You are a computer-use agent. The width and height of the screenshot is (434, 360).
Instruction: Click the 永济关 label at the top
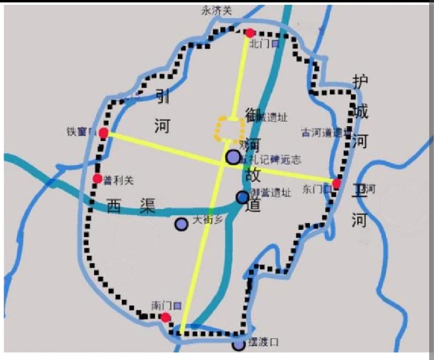click(218, 10)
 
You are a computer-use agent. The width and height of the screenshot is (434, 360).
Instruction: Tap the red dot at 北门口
click(250, 33)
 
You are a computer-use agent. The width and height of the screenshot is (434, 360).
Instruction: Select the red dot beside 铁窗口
click(104, 133)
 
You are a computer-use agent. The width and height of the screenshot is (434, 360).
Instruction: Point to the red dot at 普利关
click(97, 178)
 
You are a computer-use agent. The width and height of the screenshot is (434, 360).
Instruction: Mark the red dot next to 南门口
click(165, 317)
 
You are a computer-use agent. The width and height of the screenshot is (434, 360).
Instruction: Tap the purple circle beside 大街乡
click(181, 224)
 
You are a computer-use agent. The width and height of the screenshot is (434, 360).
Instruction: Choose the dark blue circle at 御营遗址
click(242, 197)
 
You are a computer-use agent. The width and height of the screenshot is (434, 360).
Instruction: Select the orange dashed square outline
click(230, 129)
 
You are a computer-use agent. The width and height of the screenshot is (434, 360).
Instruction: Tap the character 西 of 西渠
click(115, 206)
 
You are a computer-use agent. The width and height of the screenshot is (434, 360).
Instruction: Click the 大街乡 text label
click(207, 221)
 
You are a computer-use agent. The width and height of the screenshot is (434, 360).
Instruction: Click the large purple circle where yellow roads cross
click(233, 157)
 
